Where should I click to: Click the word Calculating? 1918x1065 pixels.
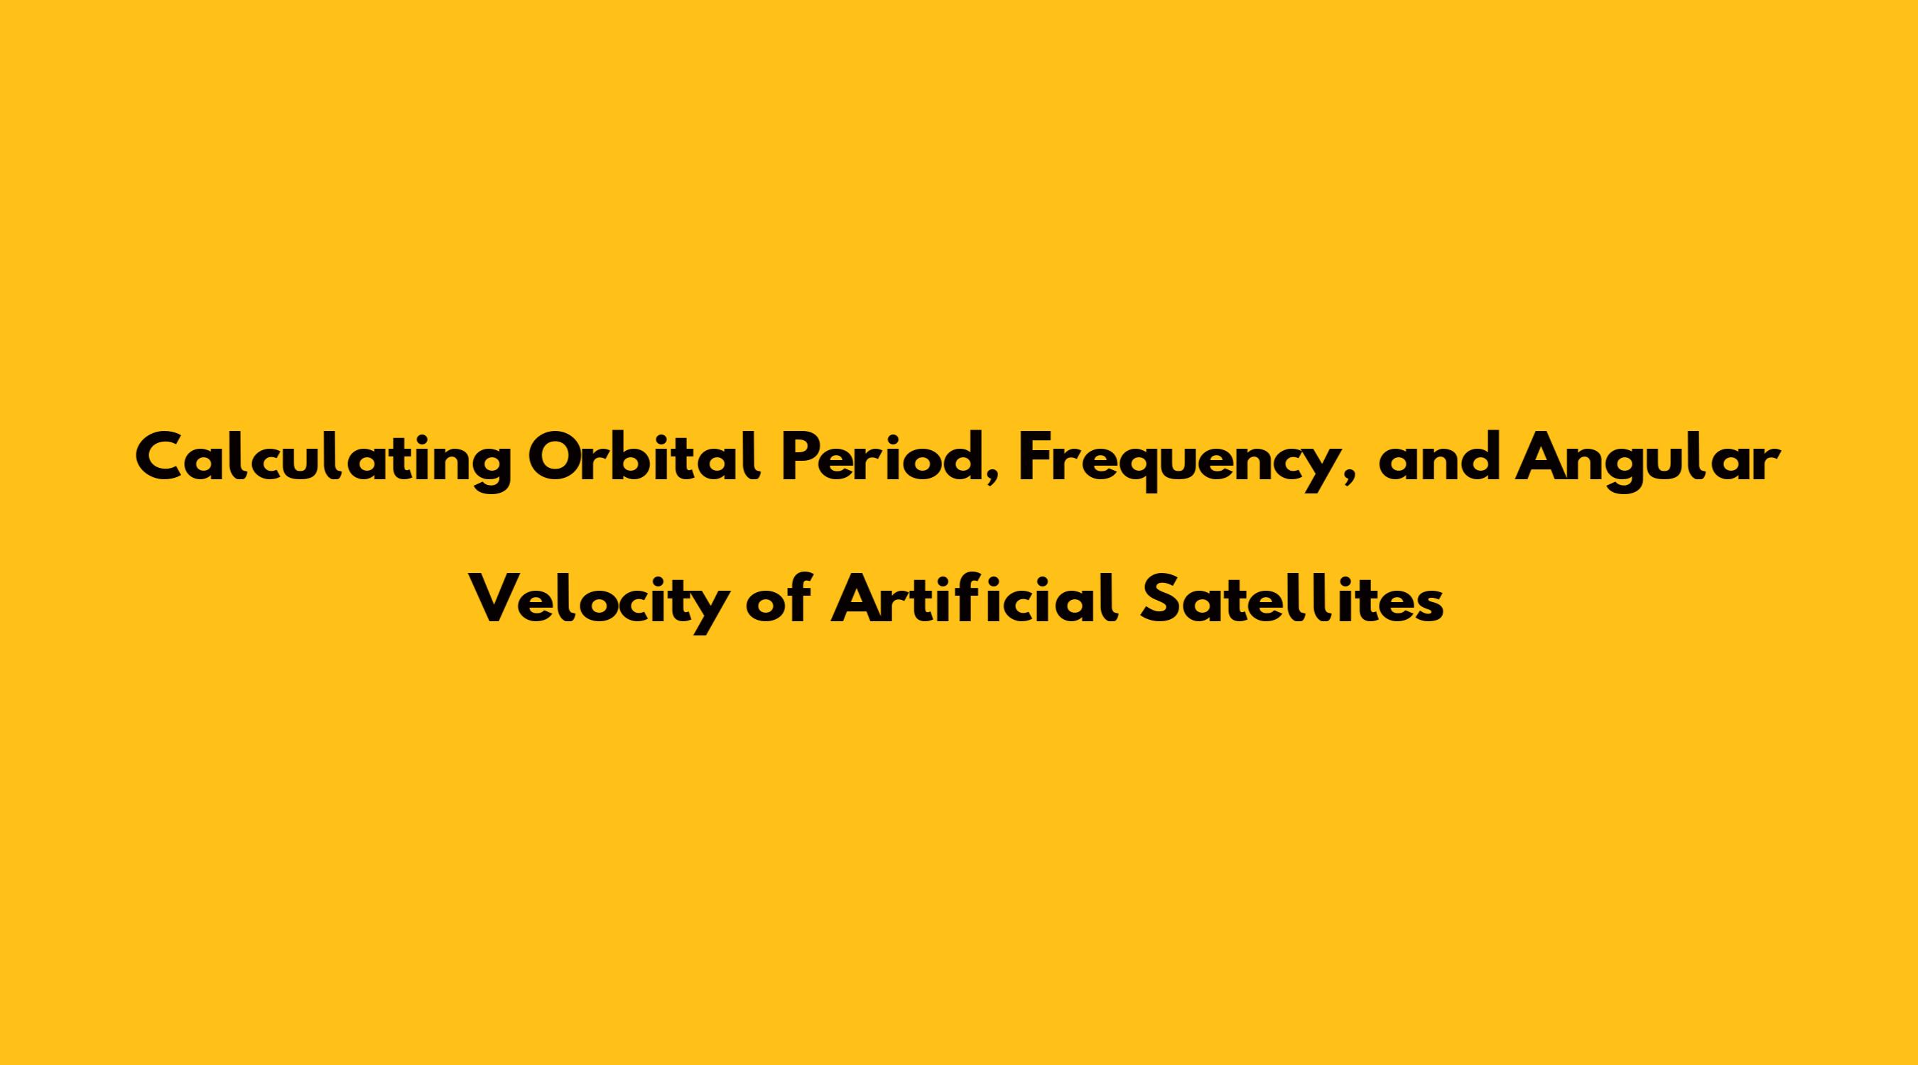pyautogui.click(x=324, y=461)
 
